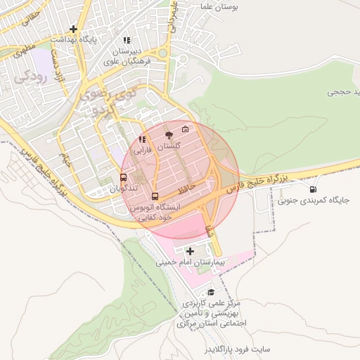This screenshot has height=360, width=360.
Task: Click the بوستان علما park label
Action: point(221,6)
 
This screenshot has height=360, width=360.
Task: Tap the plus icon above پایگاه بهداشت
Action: point(73,29)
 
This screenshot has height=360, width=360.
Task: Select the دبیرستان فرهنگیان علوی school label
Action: point(129,56)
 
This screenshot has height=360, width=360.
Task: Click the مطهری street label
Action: point(22,51)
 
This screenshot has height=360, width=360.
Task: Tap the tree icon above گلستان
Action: point(168,134)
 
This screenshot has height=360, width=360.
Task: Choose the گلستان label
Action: point(168,146)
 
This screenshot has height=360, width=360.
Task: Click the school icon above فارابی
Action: point(143,139)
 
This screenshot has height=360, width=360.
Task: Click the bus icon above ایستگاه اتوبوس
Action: point(155,196)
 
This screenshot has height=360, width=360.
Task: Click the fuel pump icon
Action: point(312,188)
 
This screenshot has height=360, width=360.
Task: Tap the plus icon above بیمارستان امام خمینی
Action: point(190,251)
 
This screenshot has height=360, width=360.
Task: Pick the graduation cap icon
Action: point(210,292)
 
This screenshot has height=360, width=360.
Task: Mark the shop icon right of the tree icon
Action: point(185,129)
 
